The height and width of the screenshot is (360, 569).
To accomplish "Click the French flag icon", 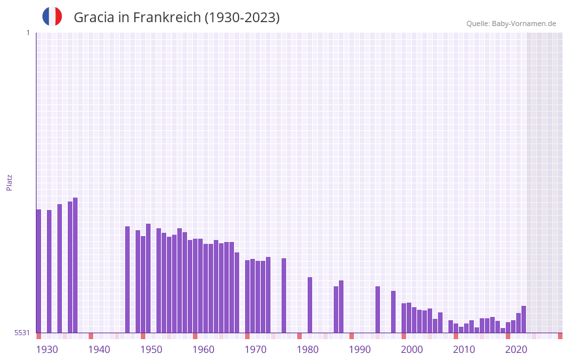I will [52, 17].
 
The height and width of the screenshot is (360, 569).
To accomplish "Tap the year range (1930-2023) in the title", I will [242, 18].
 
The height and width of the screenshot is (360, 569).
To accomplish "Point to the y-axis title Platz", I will [9, 182].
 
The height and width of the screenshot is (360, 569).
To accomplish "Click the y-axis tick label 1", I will [27, 33].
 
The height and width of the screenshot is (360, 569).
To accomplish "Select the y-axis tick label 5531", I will [22, 333].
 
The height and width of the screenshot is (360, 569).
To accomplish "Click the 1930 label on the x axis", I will [47, 350].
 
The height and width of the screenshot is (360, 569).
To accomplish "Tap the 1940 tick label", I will [99, 350].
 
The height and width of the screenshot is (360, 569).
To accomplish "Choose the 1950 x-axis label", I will [151, 350].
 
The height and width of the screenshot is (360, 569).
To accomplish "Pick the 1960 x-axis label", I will [203, 350].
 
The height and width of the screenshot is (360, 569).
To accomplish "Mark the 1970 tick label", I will [255, 350].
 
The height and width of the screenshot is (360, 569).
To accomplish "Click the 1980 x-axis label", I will [308, 350].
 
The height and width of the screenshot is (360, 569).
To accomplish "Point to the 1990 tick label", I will [360, 350].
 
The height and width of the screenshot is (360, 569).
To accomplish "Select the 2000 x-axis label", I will [412, 350].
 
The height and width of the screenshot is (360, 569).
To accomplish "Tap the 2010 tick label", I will [464, 350].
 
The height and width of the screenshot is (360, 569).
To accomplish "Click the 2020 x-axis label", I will [516, 350].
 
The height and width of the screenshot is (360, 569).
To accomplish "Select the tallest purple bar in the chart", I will [76, 265].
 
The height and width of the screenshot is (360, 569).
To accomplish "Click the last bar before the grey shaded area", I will [523, 320].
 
